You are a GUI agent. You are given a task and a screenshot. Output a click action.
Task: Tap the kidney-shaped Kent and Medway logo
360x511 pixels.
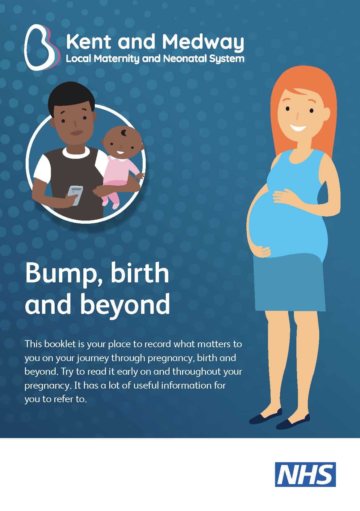[x=42, y=47]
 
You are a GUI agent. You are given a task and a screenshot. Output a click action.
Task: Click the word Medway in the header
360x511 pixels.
[x=203, y=42]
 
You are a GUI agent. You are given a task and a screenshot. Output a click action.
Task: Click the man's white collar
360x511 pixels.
[x=76, y=152]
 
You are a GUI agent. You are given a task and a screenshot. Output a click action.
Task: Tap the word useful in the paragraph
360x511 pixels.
[x=146, y=385]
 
